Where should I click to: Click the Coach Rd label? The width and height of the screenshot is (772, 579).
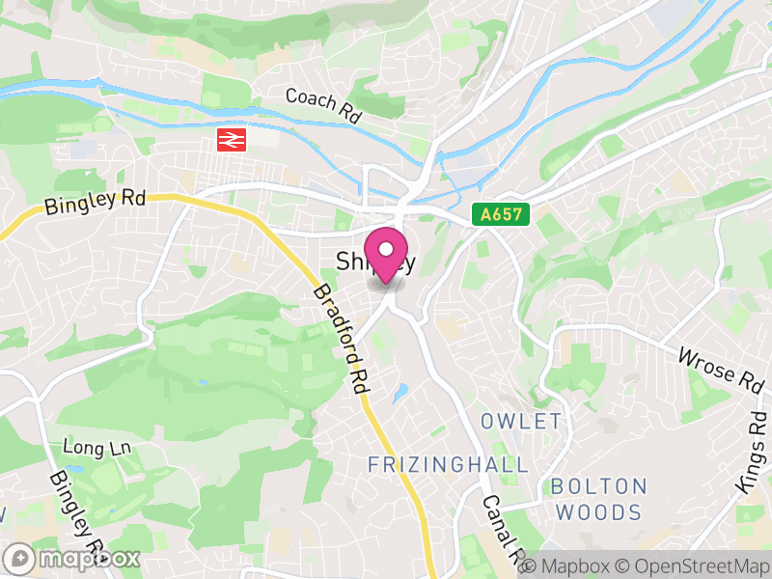(322, 105)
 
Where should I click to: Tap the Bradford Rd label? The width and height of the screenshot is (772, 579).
(342, 337)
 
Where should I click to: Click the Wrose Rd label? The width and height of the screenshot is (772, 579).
(720, 367)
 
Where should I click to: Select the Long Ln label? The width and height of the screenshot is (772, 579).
(96, 447)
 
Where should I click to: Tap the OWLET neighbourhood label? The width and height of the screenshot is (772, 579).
(521, 421)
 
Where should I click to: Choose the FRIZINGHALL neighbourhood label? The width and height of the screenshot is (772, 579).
(448, 465)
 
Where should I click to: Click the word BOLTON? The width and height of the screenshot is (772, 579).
(597, 486)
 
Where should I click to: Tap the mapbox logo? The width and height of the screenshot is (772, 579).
(73, 558)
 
